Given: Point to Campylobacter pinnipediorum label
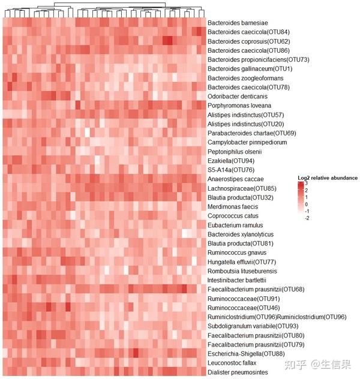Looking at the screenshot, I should [247, 142].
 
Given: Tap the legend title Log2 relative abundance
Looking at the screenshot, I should [328, 178].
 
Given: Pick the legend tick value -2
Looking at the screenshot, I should [307, 219].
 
